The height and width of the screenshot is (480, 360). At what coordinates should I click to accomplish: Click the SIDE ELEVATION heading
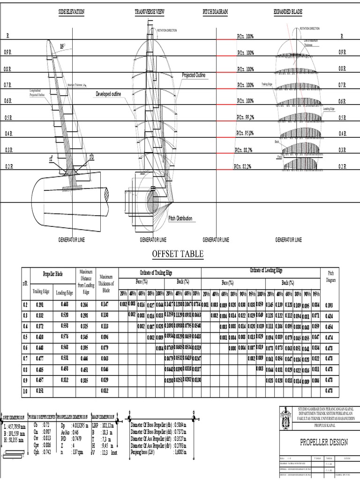[71, 12]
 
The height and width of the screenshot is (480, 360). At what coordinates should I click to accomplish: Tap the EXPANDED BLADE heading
[288, 12]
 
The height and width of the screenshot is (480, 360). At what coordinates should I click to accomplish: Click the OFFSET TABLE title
[178, 254]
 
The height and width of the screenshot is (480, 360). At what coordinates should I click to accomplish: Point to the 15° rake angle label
[62, 46]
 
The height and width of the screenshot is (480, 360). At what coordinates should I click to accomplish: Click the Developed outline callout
[108, 94]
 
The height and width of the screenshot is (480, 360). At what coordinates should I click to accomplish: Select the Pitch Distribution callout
[180, 218]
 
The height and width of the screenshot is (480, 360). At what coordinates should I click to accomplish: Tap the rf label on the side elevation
[51, 159]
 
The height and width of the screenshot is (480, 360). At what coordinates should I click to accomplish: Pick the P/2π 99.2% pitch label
[245, 117]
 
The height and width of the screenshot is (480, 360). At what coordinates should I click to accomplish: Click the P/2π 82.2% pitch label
[244, 166]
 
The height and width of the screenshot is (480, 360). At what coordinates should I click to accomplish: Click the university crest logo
[286, 417]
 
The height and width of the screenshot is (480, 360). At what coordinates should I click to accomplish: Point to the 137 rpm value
[78, 453]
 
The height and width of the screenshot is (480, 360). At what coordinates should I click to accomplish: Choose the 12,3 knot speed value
[109, 453]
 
